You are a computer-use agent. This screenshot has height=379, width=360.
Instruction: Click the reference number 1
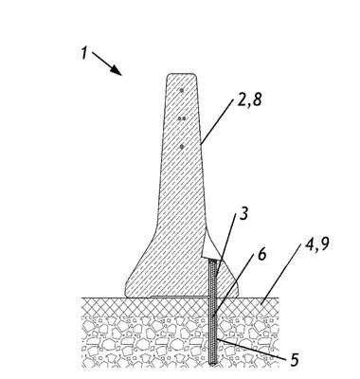click(83, 52)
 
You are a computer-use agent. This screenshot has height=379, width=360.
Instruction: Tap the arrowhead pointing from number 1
click(117, 71)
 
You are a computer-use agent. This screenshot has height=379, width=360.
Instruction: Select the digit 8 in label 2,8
click(257, 100)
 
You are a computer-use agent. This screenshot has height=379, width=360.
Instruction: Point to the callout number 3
click(243, 213)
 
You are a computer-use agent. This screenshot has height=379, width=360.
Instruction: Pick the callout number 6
click(261, 255)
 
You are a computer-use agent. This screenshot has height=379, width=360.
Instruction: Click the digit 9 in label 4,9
click(324, 244)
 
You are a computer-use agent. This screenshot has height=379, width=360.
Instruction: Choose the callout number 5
click(294, 359)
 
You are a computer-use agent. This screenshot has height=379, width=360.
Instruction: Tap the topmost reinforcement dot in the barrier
click(182, 90)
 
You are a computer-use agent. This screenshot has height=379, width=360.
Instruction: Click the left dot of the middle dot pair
click(180, 118)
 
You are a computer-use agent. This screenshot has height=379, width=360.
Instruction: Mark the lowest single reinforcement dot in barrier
click(182, 147)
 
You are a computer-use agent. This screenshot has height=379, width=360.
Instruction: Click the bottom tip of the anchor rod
click(212, 366)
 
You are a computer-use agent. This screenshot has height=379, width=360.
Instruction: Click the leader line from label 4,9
click(279, 272)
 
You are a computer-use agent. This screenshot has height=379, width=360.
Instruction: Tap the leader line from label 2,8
click(217, 121)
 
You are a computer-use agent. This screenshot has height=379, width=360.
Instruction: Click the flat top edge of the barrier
click(181, 74)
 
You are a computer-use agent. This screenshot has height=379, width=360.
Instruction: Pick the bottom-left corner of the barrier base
click(126, 297)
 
